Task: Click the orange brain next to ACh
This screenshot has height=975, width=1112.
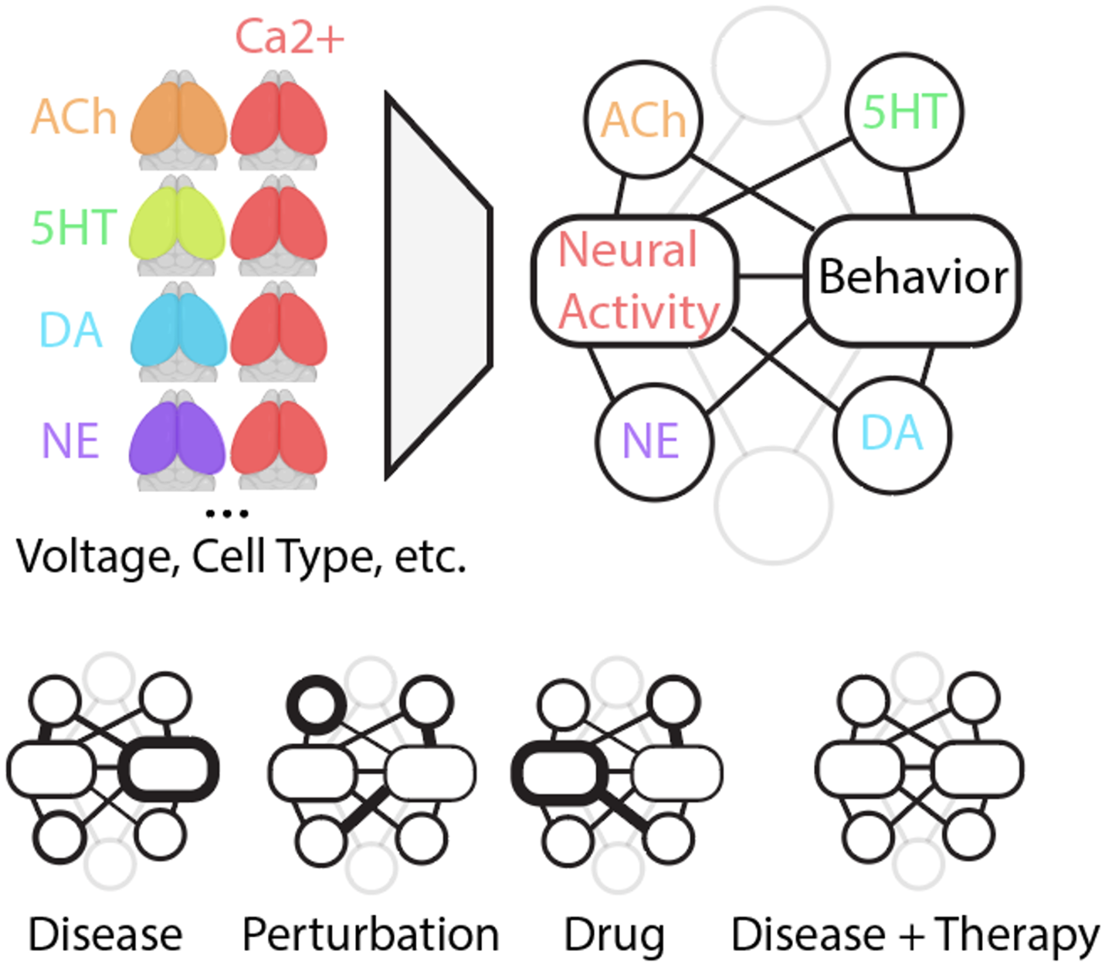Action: coord(178,119)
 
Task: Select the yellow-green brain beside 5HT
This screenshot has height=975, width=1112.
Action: coord(178,226)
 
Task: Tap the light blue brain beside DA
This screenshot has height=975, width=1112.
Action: coord(178,331)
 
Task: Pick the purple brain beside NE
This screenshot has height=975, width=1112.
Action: coord(178,440)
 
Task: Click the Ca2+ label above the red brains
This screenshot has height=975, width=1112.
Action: coord(290,37)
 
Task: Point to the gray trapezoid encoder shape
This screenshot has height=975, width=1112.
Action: coord(438,286)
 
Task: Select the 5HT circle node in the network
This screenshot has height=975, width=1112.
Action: coord(904,112)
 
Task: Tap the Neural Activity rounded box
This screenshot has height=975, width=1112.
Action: coord(635,280)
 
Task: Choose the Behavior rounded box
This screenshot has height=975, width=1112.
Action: coord(912,280)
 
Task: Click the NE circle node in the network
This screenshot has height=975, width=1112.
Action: coord(654,442)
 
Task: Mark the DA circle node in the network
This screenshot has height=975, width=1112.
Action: coord(892,435)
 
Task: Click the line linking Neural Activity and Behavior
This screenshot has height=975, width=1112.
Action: coord(771,277)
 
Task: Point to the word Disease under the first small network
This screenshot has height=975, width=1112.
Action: coord(105,934)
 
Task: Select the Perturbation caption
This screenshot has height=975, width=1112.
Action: coord(371,934)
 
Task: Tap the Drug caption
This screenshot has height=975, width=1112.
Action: coord(614,936)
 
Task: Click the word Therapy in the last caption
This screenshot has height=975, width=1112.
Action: coord(1016,936)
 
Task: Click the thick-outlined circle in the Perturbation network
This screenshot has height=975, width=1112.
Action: coord(317,704)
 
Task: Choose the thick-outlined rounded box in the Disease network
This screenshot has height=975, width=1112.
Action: coord(168,769)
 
